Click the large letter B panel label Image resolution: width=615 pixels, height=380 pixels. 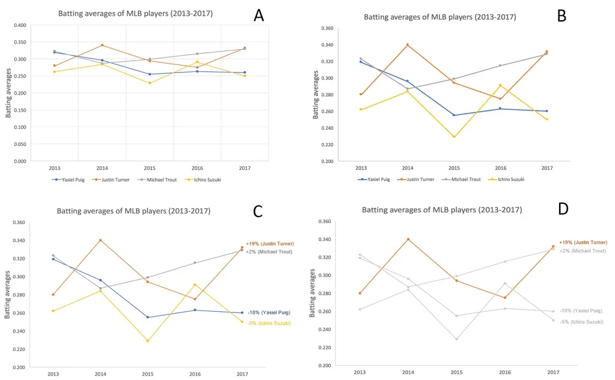click(561, 16)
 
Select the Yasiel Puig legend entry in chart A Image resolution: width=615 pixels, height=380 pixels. click(68, 179)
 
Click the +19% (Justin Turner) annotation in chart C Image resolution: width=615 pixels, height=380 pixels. click(269, 244)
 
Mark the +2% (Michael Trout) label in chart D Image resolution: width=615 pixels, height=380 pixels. click(582, 250)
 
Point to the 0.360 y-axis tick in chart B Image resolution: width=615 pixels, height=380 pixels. click(325, 28)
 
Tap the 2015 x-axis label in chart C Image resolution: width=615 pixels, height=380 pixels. click(148, 373)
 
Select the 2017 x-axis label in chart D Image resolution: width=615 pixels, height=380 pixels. click(553, 372)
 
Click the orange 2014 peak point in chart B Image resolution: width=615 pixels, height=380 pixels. click(407, 45)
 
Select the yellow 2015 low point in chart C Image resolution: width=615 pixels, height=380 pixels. click(148, 341)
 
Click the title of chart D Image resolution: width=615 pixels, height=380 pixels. click(442, 209)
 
